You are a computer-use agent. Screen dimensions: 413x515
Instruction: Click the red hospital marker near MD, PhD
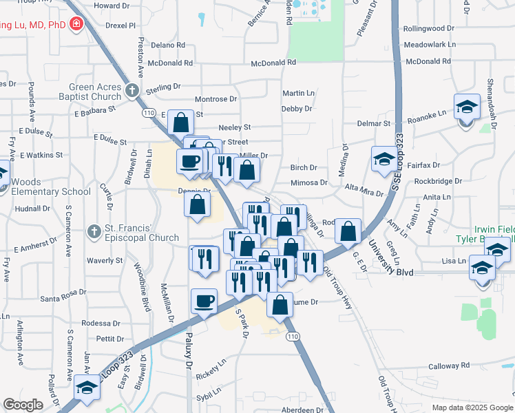(x=76, y=26)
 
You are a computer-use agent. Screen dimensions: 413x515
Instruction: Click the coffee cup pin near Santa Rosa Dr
(x=204, y=301)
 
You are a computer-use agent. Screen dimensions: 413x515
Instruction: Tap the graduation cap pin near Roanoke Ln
(x=467, y=107)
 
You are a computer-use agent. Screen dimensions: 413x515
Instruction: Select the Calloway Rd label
(x=448, y=366)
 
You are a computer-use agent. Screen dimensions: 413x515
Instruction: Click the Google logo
(x=23, y=405)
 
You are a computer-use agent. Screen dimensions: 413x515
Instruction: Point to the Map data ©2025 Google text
(x=472, y=407)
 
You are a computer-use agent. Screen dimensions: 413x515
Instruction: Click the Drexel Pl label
(x=120, y=25)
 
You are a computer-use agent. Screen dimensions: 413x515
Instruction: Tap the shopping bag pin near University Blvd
(x=348, y=232)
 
